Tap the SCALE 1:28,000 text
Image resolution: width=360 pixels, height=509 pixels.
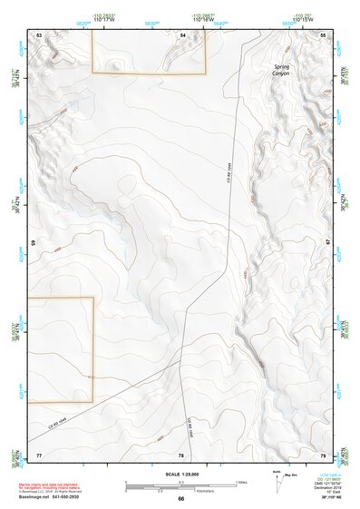click(x=180, y=474)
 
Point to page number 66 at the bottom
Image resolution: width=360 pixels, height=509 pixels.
click(x=180, y=498)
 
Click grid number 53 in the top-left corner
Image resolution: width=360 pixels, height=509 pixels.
click(x=39, y=34)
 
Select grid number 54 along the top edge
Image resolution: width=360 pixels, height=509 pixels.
click(x=182, y=34)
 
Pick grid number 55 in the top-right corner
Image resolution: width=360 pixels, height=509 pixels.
click(x=323, y=34)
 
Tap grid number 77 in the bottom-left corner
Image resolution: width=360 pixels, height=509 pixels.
click(x=39, y=453)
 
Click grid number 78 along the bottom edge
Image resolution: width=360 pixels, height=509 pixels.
click(x=181, y=453)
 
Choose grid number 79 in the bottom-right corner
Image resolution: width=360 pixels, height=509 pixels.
click(x=323, y=453)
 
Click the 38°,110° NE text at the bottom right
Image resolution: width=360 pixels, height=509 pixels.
click(x=323, y=498)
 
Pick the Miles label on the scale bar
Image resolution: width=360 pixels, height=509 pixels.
click(x=243, y=481)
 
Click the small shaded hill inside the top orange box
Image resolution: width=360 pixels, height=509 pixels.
click(x=114, y=64)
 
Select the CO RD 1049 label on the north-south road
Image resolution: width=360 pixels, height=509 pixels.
click(x=229, y=171)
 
